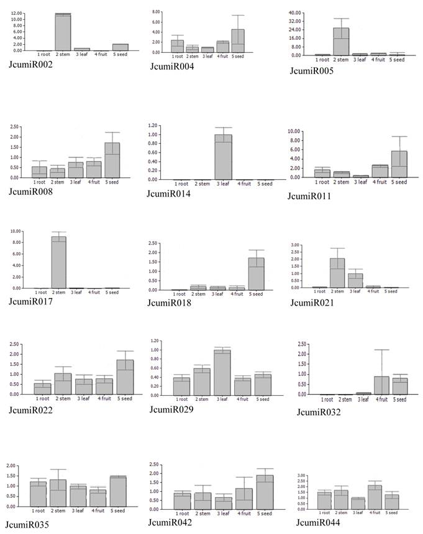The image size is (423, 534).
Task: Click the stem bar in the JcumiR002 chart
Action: pos(63,32)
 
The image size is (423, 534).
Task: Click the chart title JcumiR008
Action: pos(30,191)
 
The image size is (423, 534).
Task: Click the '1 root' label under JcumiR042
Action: pos(181,513)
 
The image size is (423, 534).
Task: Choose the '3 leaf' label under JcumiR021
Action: pos(356,291)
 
